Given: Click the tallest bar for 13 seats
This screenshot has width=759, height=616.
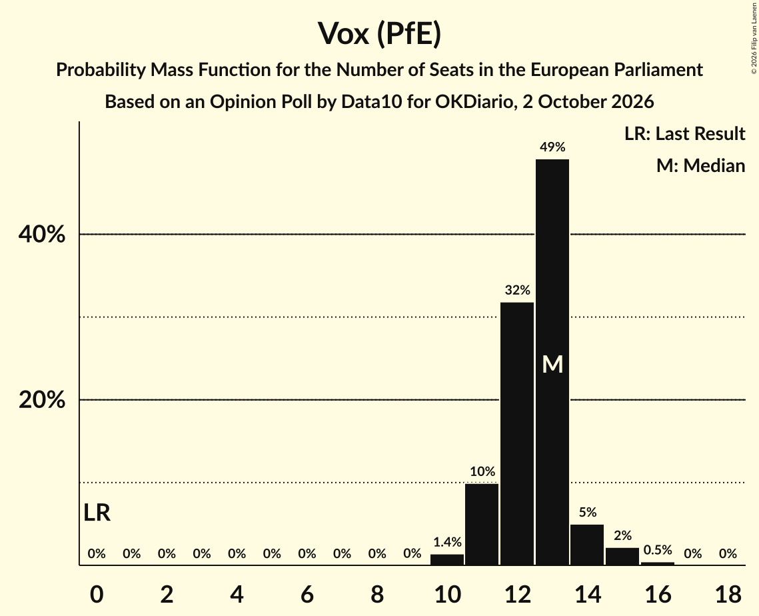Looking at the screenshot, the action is [x=552, y=362].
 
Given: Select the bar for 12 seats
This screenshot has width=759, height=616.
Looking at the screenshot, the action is [x=517, y=433].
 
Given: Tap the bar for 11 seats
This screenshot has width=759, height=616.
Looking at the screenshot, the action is [x=482, y=525].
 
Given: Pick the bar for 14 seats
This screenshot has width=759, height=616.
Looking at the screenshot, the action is [x=587, y=545].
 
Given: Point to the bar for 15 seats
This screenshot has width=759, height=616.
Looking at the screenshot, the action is [x=622, y=557].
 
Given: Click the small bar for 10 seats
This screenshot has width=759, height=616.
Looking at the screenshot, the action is [x=446, y=560].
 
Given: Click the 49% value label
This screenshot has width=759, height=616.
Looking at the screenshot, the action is [x=552, y=147].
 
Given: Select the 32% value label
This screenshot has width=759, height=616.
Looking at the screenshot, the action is [x=518, y=290].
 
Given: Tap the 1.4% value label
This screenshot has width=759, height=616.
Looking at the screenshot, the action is [x=447, y=542].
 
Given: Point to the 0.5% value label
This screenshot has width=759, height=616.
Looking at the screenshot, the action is [x=658, y=549].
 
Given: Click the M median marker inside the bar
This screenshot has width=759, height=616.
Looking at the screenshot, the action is [x=552, y=365].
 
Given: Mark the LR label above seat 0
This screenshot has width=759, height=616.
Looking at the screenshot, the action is [x=97, y=513].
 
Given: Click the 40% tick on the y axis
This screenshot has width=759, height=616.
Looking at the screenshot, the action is [x=41, y=235].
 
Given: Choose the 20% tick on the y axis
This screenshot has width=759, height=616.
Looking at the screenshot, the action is [x=41, y=400].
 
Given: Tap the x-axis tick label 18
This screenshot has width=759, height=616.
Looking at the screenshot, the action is [x=728, y=594].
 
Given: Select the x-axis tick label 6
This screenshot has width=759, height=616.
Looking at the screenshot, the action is [x=307, y=594].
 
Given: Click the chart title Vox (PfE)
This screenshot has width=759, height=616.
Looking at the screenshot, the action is [x=380, y=33].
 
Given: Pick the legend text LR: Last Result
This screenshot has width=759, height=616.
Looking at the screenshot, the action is [x=684, y=133].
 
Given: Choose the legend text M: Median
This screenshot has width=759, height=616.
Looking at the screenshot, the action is [x=700, y=165].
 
